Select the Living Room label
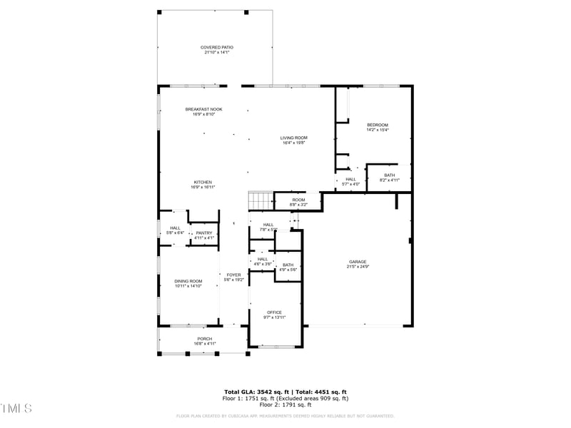(x=293, y=138)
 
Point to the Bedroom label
(x=377, y=125)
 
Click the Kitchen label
(x=203, y=182)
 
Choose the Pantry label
(x=204, y=233)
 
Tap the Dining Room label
(x=188, y=281)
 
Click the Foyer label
(x=233, y=275)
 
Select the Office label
(x=274, y=312)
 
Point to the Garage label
(x=358, y=262)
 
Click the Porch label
(x=204, y=339)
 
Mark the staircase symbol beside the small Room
(x=261, y=201)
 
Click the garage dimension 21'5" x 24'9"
(x=358, y=267)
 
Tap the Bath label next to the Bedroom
(x=389, y=175)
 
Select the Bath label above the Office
(x=288, y=265)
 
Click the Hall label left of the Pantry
(x=175, y=228)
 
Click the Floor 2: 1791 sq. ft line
(x=285, y=404)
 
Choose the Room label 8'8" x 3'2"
(x=298, y=200)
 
